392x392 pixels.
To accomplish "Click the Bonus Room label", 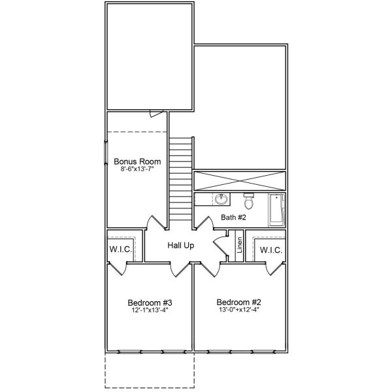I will [137, 161].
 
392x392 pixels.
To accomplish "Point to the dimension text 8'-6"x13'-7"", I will [137, 169].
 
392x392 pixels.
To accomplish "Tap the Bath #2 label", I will [233, 218].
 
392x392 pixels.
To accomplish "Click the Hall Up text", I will [180, 246].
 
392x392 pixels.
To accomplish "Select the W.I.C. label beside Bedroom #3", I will [120, 250].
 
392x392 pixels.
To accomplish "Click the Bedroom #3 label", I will [150, 302].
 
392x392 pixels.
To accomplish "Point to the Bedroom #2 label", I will [239, 302].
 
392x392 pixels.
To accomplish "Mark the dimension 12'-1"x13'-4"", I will [150, 311].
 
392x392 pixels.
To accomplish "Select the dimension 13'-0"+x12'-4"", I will [239, 311].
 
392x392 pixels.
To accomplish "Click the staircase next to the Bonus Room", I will [181, 179].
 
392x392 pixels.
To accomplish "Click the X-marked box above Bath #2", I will [240, 181].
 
